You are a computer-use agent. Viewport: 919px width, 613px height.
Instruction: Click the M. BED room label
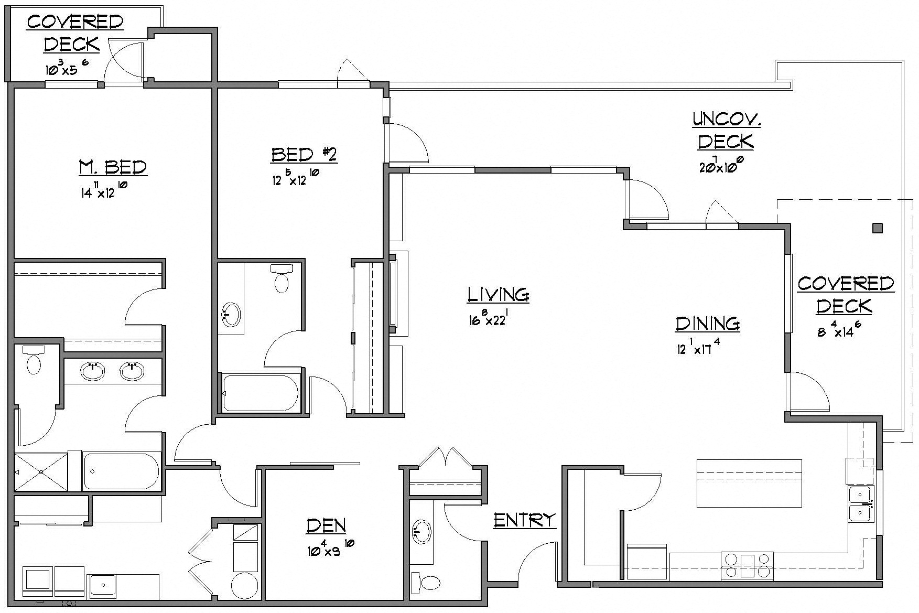pyautogui.click(x=113, y=167)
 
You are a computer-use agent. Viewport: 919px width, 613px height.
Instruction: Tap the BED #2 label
pyautogui.click(x=304, y=155)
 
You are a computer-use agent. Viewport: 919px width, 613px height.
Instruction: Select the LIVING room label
pyautogui.click(x=498, y=295)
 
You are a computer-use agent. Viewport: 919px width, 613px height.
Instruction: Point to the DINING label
pyautogui.click(x=707, y=324)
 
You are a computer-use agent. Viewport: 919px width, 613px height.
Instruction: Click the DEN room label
pyautogui.click(x=326, y=525)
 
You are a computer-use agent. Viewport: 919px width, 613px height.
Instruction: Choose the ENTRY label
pyautogui.click(x=524, y=520)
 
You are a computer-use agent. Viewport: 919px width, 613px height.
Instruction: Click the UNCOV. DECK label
pyautogui.click(x=726, y=131)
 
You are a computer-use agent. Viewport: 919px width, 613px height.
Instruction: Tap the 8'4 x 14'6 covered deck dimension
pyautogui.click(x=839, y=331)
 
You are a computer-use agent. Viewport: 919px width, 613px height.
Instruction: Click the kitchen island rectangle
pyautogui.click(x=749, y=483)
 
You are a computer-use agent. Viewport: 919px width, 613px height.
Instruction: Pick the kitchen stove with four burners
pyautogui.click(x=747, y=566)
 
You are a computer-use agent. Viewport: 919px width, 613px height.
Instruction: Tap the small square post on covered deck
pyautogui.click(x=877, y=228)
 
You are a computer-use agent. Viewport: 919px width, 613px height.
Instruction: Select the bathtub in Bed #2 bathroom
pyautogui.click(x=261, y=393)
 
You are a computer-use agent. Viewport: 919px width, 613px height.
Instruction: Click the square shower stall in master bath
pyautogui.click(x=41, y=472)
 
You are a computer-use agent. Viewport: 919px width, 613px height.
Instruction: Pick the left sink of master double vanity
pyautogui.click(x=93, y=371)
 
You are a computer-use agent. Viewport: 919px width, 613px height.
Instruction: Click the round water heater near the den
pyautogui.click(x=245, y=586)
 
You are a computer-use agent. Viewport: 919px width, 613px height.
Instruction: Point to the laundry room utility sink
pyautogui.click(x=103, y=585)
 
